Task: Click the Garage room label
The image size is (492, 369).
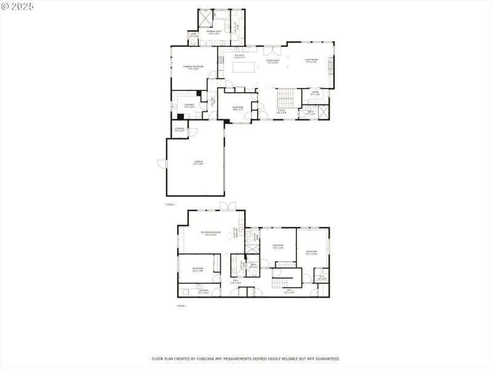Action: pos(198,162)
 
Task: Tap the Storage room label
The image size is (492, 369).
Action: pos(180,129)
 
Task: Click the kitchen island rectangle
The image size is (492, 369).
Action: pos(243,66)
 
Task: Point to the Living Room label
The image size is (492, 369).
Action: pos(311,60)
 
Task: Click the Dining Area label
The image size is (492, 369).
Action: pos(273,61)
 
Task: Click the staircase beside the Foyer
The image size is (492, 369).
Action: pos(285,97)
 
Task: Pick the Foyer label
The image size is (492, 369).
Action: pos(280,112)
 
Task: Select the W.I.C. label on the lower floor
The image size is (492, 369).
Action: pos(322,277)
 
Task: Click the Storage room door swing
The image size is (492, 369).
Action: pos(191,132)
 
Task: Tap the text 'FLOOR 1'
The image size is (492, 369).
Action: pos(181,306)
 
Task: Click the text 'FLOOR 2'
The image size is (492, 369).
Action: pos(170,204)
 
